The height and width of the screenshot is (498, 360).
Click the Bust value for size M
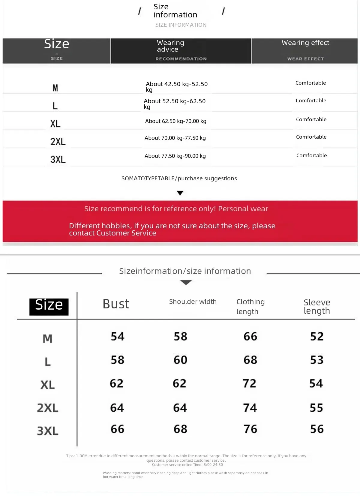pyautogui.click(x=117, y=336)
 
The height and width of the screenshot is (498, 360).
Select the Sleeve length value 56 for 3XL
pyautogui.click(x=317, y=429)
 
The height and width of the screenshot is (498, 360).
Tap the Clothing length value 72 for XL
pyautogui.click(x=249, y=383)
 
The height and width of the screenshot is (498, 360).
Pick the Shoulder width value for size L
pyautogui.click(x=180, y=360)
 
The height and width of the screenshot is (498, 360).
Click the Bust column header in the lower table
pyautogui.click(x=116, y=304)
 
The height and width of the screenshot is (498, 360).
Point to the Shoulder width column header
pyautogui.click(x=193, y=301)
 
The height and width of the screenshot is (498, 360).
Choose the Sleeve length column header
pyautogui.click(x=317, y=306)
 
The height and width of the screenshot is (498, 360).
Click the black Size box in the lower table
pyautogui.click(x=49, y=306)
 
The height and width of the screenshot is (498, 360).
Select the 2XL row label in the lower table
pyautogui.click(x=48, y=408)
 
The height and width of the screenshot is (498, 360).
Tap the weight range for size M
pyautogui.click(x=176, y=86)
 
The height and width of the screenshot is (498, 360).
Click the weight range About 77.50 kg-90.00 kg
pyautogui.click(x=175, y=156)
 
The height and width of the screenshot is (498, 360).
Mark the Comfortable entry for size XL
pyautogui.click(x=311, y=119)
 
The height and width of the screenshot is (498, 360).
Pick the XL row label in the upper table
pyautogui.click(x=55, y=124)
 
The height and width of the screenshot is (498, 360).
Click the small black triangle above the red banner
pyautogui.click(x=180, y=193)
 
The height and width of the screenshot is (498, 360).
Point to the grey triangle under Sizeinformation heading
pyautogui.click(x=186, y=282)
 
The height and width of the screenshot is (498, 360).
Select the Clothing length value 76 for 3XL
pyautogui.click(x=250, y=429)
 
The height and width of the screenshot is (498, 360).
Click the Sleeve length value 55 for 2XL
pyautogui.click(x=316, y=408)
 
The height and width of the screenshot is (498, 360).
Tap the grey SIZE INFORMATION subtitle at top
pyautogui.click(x=181, y=25)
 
